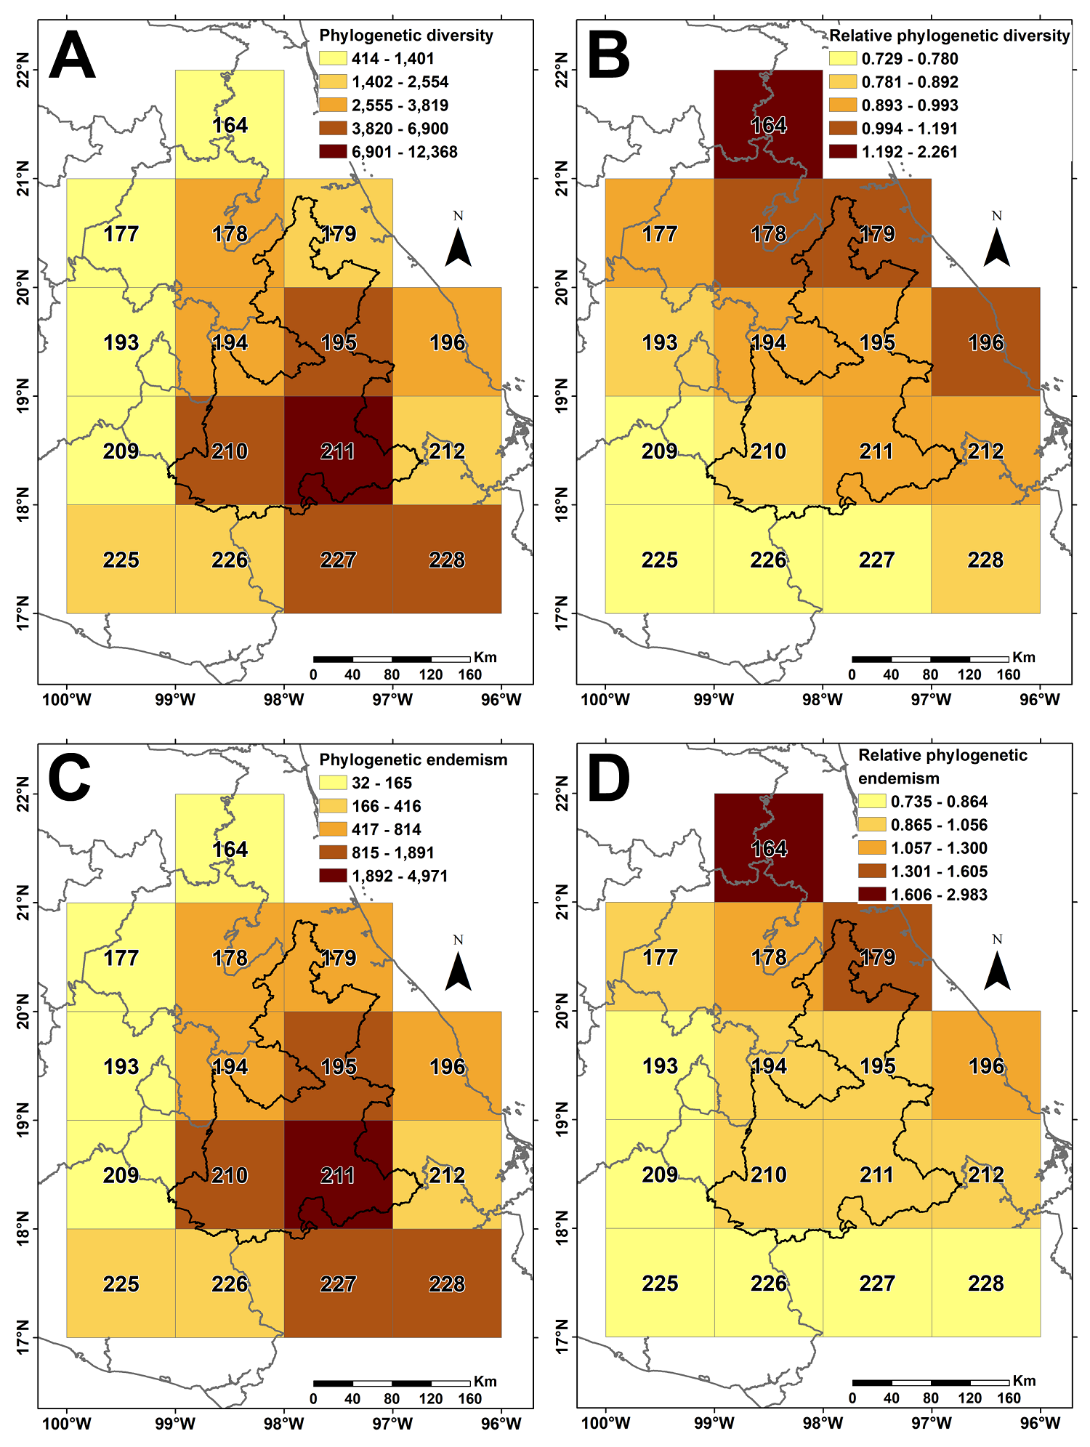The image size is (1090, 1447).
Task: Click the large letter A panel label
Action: click(72, 55)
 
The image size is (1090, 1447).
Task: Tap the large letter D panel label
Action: click(609, 779)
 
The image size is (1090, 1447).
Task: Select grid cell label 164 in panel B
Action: click(768, 125)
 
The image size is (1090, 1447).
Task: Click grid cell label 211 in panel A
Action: click(338, 451)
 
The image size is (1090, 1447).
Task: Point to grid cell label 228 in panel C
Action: click(447, 1284)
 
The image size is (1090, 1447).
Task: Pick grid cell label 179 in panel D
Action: click(877, 957)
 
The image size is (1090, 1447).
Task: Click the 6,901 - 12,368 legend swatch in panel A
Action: click(333, 152)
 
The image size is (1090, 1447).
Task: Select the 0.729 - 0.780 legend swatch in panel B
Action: click(843, 59)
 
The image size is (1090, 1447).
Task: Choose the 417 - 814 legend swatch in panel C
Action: click(333, 829)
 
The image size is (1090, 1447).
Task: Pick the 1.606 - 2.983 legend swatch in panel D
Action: click(872, 895)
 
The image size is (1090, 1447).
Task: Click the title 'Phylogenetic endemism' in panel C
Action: click(413, 759)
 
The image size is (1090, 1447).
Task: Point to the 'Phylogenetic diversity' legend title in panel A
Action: click(405, 36)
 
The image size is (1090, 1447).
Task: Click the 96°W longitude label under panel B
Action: click(1040, 700)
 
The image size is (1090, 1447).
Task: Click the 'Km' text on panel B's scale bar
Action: click(1023, 657)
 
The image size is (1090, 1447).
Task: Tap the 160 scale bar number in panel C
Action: click(469, 1398)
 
